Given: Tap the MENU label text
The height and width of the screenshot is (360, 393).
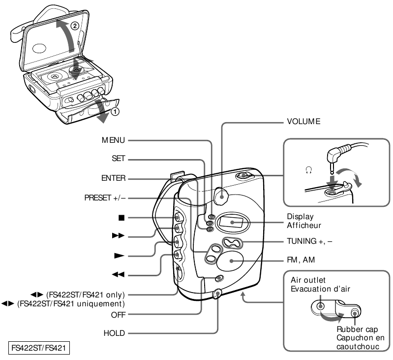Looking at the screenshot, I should pos(114,140).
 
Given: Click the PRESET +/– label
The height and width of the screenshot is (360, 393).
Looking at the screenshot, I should pos(105,198).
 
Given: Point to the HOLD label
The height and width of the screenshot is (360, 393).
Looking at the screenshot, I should pos(114,333).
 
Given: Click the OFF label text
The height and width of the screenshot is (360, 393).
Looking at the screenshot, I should pos(117,314).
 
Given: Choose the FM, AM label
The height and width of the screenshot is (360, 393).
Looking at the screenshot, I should pos(302,260).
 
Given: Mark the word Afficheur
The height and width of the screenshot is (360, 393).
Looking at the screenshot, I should pos(304,226).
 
